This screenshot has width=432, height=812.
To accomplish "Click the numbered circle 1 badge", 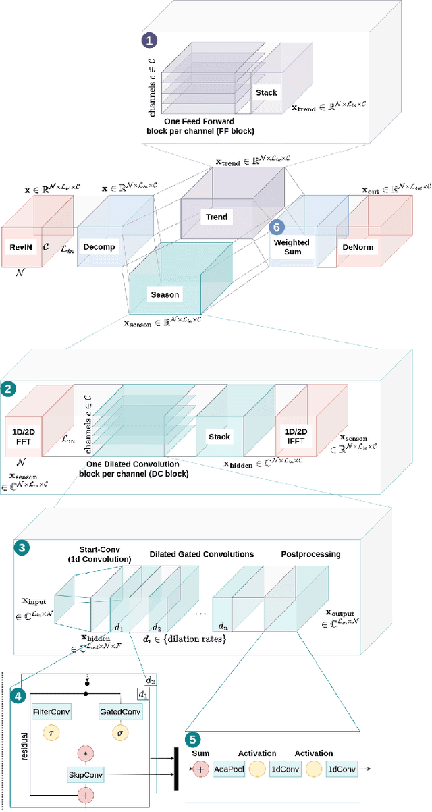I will click(x=148, y=40).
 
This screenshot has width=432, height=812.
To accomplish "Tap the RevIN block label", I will click(x=22, y=247).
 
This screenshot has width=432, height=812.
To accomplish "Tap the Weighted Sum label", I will click(x=291, y=247).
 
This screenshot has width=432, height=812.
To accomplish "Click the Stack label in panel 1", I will click(x=266, y=93).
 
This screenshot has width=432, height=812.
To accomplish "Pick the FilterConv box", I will click(x=51, y=711).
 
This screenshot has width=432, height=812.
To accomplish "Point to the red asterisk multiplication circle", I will click(x=86, y=753).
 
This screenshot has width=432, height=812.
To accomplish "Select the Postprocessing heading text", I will click(x=311, y=554).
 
